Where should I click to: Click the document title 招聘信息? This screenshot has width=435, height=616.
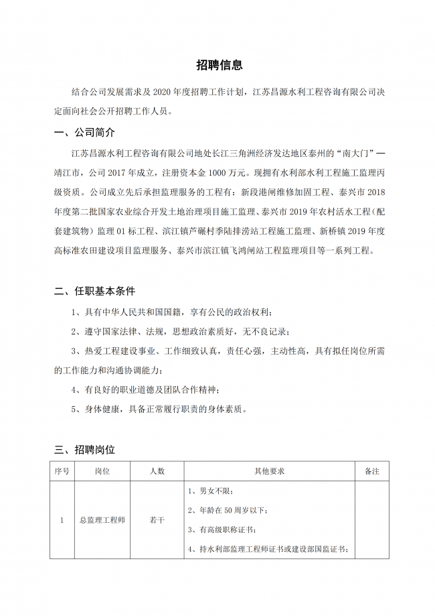coord(219,65)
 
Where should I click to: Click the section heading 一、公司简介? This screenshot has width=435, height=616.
coord(84,131)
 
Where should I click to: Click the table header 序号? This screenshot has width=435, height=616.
coord(62,471)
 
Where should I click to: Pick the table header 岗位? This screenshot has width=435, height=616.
coord(102,471)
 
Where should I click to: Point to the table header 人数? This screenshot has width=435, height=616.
coord(157,471)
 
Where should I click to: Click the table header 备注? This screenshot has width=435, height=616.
coord(371,471)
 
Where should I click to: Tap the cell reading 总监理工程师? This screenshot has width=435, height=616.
coord(102,519)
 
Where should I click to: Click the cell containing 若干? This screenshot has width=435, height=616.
coord(157,519)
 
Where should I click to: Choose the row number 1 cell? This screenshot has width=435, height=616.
coord(62,519)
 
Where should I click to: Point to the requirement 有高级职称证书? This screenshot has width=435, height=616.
coord(221,530)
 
